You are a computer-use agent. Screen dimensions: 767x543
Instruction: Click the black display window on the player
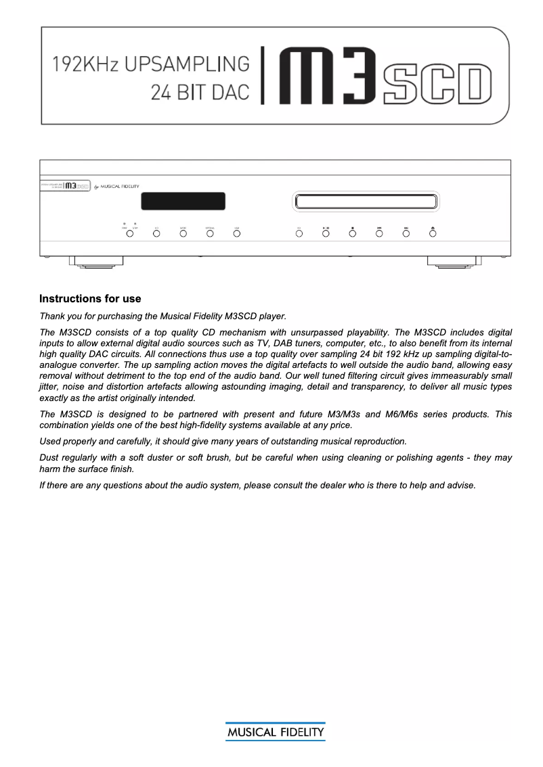[x=183, y=202]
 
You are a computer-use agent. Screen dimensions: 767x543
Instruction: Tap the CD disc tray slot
[x=366, y=201]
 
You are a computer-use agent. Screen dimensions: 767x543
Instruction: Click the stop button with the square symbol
[x=352, y=233]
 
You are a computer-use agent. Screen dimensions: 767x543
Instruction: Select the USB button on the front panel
[x=237, y=233]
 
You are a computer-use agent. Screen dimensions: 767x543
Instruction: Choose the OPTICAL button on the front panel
[x=210, y=233]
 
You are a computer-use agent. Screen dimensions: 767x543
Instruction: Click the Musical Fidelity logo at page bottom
[x=275, y=733]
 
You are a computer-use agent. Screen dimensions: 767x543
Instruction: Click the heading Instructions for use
[x=90, y=298]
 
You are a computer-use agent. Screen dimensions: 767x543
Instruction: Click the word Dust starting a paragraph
[x=50, y=458]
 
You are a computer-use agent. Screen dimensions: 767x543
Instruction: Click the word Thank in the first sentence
[x=52, y=316]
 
